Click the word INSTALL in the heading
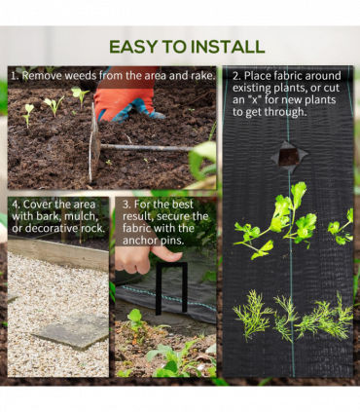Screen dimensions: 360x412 coord(228,48)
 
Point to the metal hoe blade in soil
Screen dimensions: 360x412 coord(94,143)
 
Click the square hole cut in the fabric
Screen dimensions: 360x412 coord(289,157)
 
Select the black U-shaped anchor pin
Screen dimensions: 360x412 coord(171,288)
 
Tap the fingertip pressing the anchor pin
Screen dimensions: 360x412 coord(169,255)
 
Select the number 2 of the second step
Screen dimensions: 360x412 coord(236,76)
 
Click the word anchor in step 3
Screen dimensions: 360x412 coord(140,241)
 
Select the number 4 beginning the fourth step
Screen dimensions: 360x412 coord(15,205)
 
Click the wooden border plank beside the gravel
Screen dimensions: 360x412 coord(57,253)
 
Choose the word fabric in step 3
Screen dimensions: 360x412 coord(137,228)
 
